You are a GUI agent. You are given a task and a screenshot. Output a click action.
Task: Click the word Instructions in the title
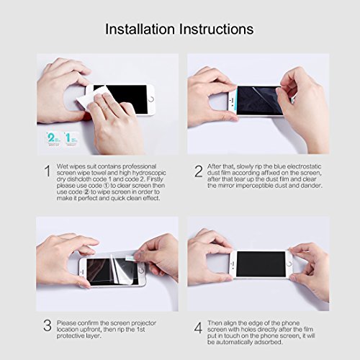[x=215, y=30]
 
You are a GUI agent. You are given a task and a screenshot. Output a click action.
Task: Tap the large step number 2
[x=198, y=171]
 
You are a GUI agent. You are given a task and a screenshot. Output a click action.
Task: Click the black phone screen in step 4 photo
[x=259, y=264]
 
